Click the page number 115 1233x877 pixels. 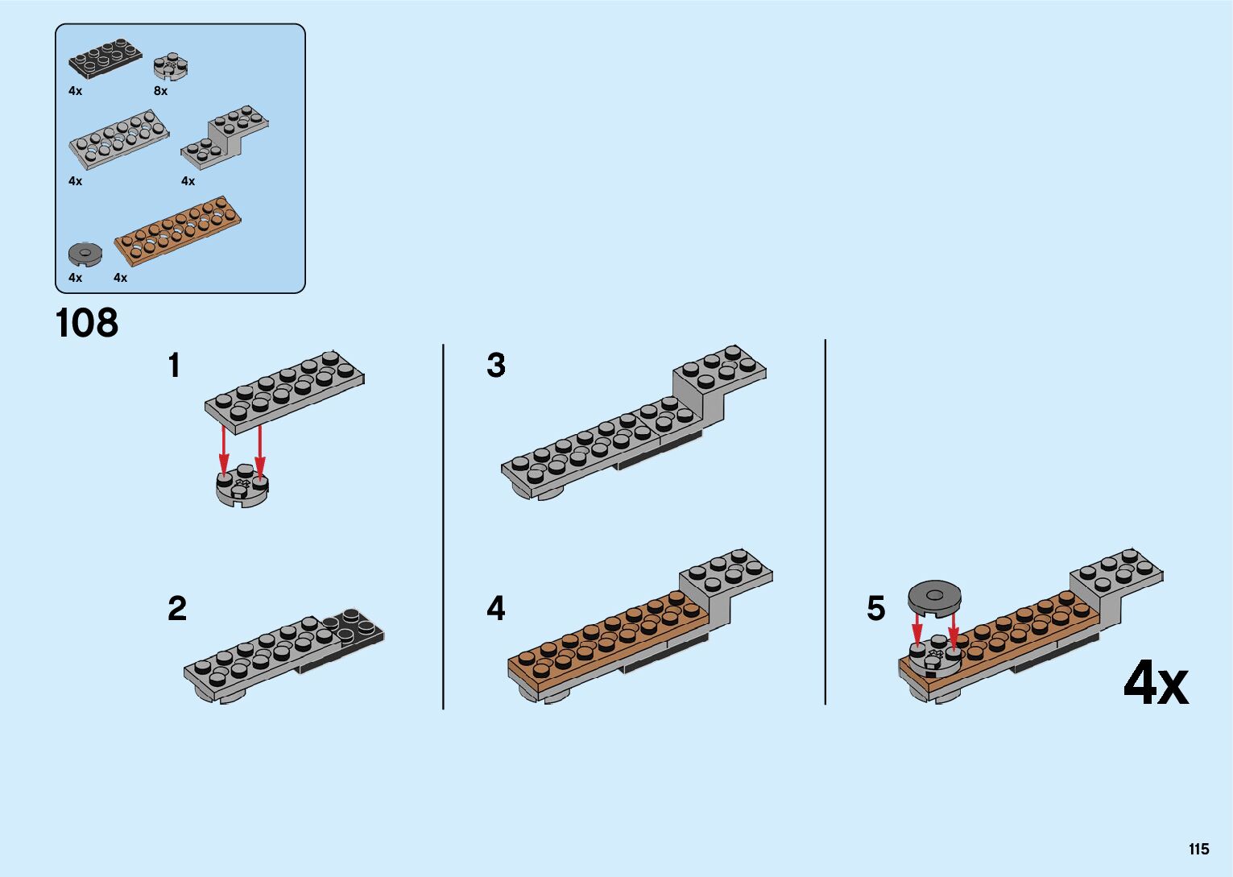pyautogui.click(x=1198, y=850)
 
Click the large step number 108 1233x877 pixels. pyautogui.click(x=87, y=324)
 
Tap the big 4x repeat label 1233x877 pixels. pyautogui.click(x=1156, y=684)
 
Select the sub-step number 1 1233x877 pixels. pyautogui.click(x=174, y=366)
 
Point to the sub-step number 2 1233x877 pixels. pyautogui.click(x=177, y=608)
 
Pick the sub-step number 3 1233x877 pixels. pyautogui.click(x=496, y=366)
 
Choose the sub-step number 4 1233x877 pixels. pyautogui.click(x=496, y=608)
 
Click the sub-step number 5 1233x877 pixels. pyautogui.click(x=875, y=608)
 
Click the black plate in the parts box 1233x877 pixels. pyautogui.click(x=105, y=58)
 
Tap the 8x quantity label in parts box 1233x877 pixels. pyautogui.click(x=161, y=92)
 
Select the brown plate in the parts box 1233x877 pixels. pyautogui.click(x=179, y=229)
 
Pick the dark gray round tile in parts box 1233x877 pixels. pyautogui.click(x=85, y=254)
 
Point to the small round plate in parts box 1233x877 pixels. pyautogui.click(x=172, y=66)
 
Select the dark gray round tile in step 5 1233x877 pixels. pyautogui.click(x=934, y=597)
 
